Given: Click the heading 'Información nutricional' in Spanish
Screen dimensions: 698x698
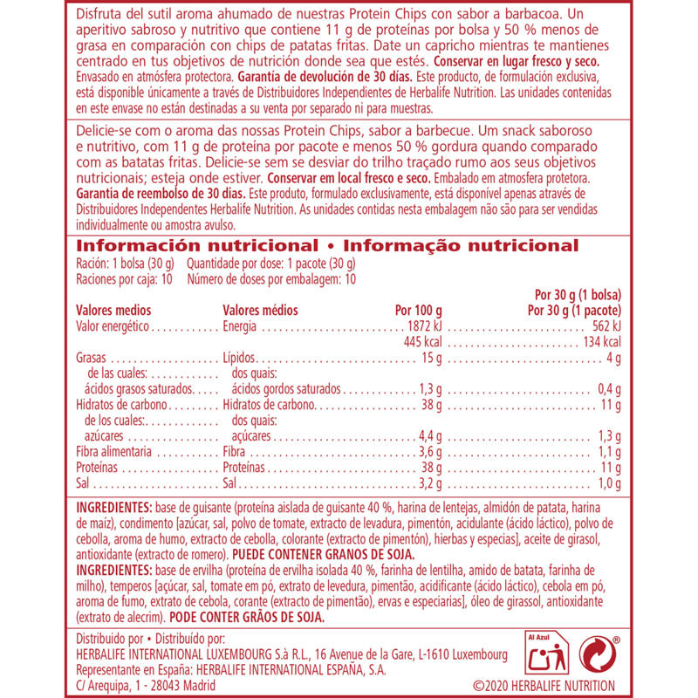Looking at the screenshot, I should click(x=196, y=246).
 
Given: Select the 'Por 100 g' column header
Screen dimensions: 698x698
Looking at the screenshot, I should click(x=419, y=310).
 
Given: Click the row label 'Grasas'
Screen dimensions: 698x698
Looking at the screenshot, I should click(x=91, y=359).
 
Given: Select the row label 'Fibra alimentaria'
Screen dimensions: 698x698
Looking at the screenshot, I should click(x=114, y=453).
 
